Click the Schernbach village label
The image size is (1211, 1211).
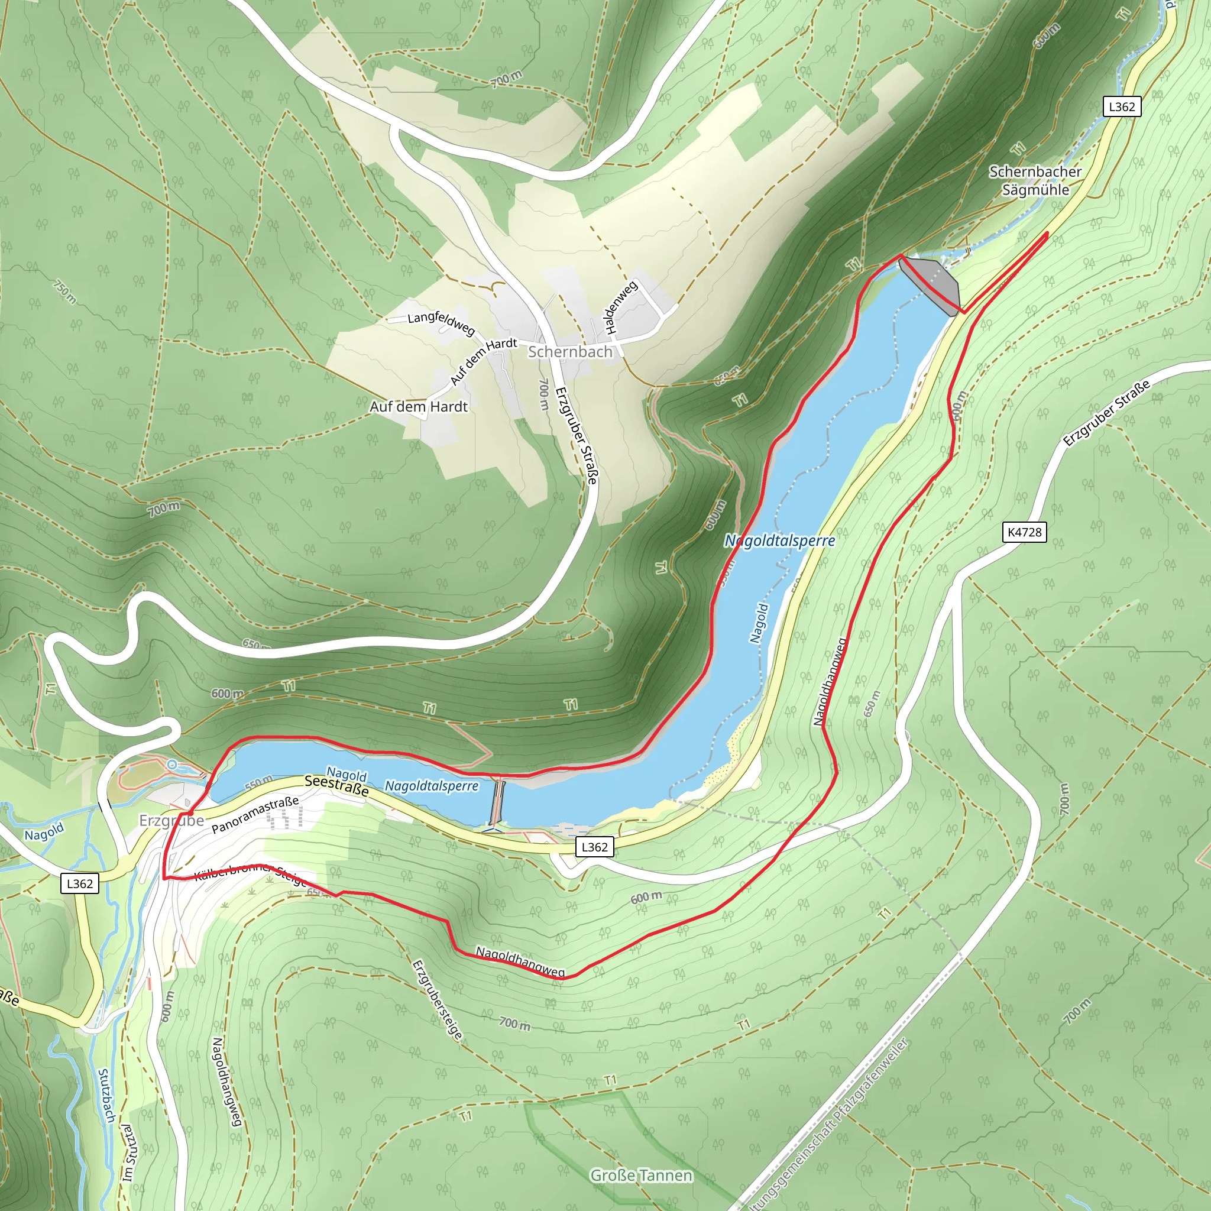[569, 352]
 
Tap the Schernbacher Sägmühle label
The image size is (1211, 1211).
[1035, 180]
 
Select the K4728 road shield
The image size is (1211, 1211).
[1024, 532]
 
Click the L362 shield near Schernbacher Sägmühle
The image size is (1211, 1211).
[1121, 106]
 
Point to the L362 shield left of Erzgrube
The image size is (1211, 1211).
[80, 884]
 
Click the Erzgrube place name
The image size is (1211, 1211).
[171, 821]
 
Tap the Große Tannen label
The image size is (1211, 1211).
[641, 1176]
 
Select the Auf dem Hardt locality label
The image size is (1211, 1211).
[419, 407]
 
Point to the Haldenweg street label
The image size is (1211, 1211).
[620, 306]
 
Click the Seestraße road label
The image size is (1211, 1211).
[336, 785]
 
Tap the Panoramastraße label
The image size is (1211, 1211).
[254, 815]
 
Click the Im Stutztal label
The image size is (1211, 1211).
[128, 1152]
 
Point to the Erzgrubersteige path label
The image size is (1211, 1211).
[437, 1000]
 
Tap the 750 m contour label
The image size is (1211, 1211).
[64, 292]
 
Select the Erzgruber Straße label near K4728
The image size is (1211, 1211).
[1106, 413]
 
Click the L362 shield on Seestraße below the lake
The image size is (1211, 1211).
[594, 847]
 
